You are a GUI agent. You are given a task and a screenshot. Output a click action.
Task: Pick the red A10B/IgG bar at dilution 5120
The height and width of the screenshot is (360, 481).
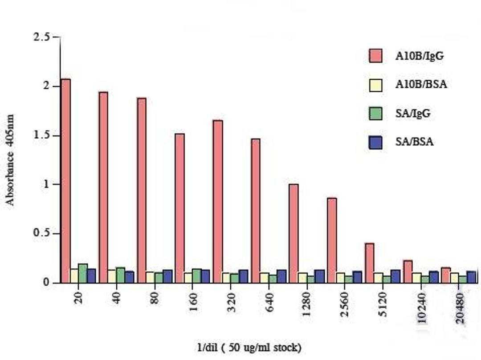pos(369,263)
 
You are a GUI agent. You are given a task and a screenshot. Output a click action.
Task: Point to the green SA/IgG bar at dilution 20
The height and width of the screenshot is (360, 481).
pos(83,273)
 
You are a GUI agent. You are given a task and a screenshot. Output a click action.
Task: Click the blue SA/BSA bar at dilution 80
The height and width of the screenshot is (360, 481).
pos(167,276)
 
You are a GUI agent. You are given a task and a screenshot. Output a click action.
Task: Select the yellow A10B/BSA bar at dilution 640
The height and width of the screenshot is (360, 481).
pos(264,278)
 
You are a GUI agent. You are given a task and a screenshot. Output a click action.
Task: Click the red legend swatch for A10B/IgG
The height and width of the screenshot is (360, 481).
pos(376,56)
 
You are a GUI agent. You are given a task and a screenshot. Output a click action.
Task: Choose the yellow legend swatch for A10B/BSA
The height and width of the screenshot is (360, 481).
pos(376,85)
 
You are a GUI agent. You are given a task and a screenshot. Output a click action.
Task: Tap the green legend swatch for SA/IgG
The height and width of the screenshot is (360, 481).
pos(376,113)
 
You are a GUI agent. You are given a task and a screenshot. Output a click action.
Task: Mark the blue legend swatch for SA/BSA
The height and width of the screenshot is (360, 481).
pos(376,142)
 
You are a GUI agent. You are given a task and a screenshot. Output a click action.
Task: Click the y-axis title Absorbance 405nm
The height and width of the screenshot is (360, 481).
pos(10,160)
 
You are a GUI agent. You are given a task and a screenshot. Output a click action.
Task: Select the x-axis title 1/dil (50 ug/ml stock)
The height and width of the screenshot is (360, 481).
pos(249,347)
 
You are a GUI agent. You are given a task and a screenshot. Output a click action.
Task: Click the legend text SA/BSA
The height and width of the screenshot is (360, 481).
pos(414,142)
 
